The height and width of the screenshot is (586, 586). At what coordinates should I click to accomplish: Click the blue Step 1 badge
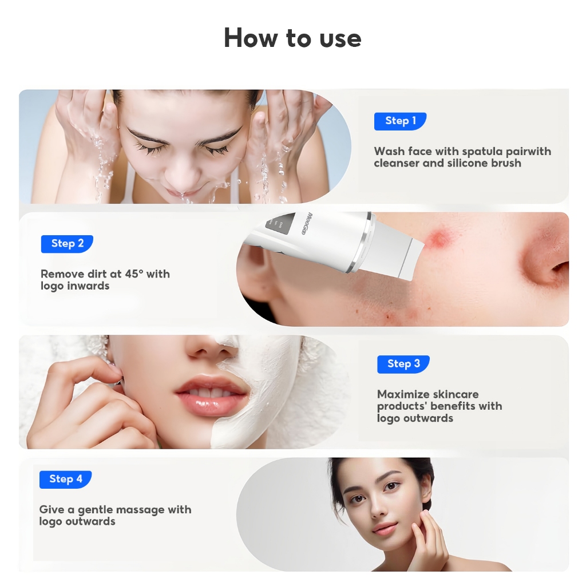(400, 121)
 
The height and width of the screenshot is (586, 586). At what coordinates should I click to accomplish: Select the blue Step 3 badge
(403, 364)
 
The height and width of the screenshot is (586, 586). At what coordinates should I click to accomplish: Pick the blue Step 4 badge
(66, 479)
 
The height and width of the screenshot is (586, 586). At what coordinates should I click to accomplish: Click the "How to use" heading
(292, 38)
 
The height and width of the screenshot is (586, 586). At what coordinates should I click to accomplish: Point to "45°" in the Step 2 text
(134, 274)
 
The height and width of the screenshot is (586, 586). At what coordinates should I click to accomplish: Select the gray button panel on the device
(278, 224)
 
